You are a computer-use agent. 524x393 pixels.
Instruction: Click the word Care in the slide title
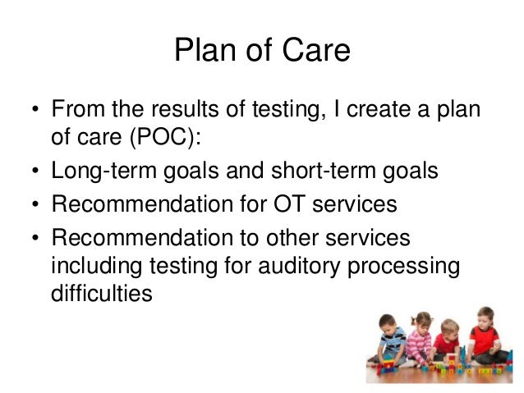coord(319,51)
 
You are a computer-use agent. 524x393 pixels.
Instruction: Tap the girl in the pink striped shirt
coord(419,340)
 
